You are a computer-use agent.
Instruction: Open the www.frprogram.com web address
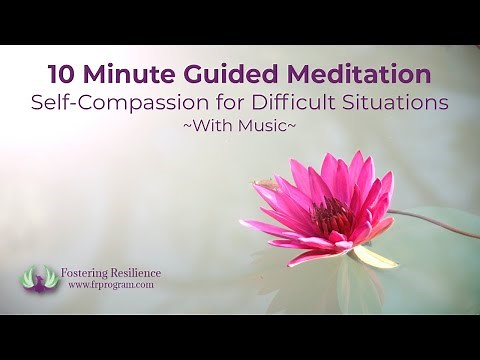click(111, 286)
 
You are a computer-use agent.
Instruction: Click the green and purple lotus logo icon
click(41, 278)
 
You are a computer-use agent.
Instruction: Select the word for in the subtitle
click(236, 102)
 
